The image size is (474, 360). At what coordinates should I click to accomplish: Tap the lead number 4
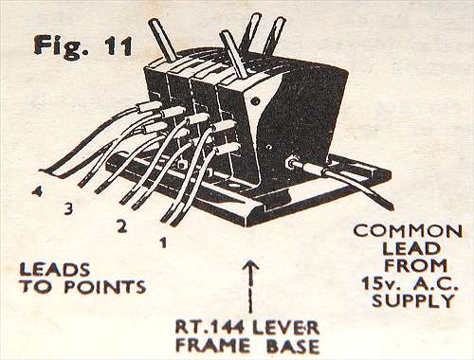coord(38,191)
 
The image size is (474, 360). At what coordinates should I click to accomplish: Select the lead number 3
coord(69,208)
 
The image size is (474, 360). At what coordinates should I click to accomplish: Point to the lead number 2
coord(122,226)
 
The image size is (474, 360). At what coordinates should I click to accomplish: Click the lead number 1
coord(163,243)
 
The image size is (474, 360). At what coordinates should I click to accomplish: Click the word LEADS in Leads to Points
coord(55,270)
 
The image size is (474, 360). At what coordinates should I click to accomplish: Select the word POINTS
coord(105,287)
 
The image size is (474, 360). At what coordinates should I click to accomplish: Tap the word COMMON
coord(408,231)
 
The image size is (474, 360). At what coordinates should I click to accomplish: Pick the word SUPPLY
coord(413,300)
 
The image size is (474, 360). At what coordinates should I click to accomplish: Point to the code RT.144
coord(210,329)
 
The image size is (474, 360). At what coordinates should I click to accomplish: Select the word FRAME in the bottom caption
coord(213,346)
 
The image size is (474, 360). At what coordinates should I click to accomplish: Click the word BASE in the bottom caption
coord(293,346)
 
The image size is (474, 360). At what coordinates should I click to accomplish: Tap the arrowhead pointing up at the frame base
coord(251,267)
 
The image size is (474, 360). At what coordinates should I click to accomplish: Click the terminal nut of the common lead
coord(291,162)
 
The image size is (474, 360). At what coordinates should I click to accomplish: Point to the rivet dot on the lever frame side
coord(254,101)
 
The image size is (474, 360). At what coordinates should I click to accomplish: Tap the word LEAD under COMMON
coord(411,248)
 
